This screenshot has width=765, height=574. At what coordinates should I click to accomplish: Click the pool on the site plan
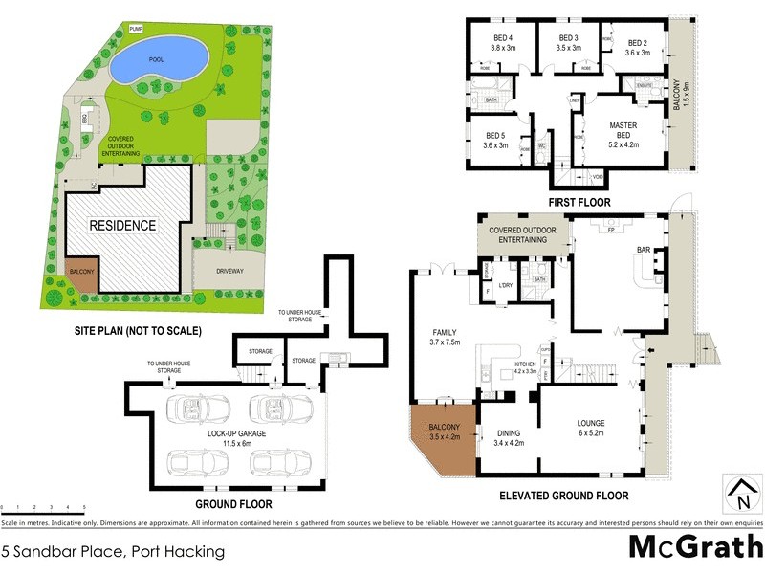tap(158, 63)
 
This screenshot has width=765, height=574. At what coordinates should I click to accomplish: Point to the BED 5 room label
tap(493, 140)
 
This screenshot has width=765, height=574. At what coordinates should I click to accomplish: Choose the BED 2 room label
tap(638, 47)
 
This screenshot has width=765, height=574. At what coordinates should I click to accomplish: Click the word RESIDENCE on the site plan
tap(122, 226)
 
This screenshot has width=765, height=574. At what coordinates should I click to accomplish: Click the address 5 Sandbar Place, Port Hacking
tap(114, 551)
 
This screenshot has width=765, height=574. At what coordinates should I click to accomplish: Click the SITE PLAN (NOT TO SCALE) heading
tap(138, 331)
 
